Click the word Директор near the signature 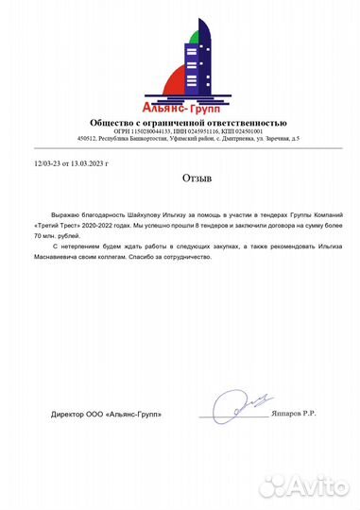point(69,415)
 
